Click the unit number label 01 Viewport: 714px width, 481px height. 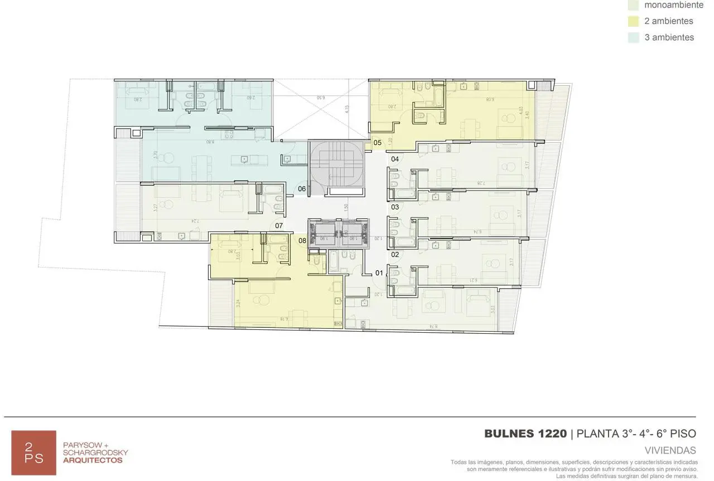[379, 273]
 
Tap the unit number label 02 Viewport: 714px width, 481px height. [394, 255]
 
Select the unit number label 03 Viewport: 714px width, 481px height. [394, 207]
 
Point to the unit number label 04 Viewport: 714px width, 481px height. [394, 159]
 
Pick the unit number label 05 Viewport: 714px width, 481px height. [378, 143]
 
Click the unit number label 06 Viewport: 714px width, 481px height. [302, 189]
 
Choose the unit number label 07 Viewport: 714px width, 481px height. [279, 226]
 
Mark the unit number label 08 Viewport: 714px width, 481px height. [302, 241]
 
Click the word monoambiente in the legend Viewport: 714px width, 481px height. [674, 5]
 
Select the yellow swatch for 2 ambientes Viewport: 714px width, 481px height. [633, 21]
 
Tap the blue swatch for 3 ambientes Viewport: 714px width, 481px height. [633, 37]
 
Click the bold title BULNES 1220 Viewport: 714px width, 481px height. [525, 434]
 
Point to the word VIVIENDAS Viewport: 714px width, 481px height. [670, 450]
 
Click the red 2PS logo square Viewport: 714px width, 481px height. [34, 453]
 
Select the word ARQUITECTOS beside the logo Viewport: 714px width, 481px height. [93, 460]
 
